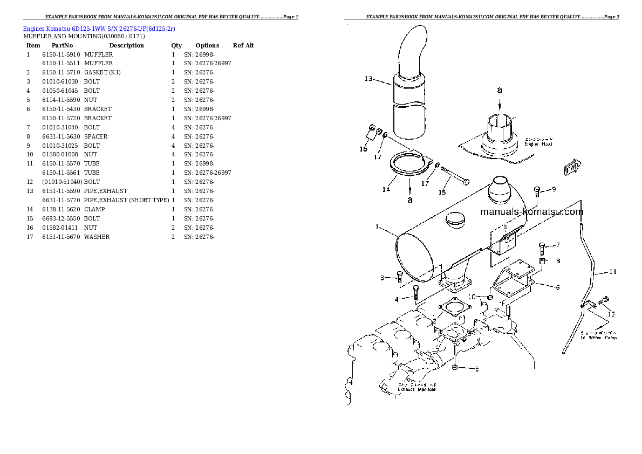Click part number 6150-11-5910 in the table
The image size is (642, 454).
[61, 54]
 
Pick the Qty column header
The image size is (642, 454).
[176, 45]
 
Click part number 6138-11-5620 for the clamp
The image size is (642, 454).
[61, 209]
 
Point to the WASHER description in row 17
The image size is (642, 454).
[97, 237]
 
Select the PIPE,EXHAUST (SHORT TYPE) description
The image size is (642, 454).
[127, 200]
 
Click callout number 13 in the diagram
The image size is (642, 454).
[368, 79]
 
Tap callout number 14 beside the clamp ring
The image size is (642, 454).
[386, 189]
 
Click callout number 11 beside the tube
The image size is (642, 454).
[612, 272]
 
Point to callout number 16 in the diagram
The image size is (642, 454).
[364, 149]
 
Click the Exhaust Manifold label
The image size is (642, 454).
[416, 389]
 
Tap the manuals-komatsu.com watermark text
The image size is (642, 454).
[531, 212]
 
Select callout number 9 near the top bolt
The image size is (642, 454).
[554, 190]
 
